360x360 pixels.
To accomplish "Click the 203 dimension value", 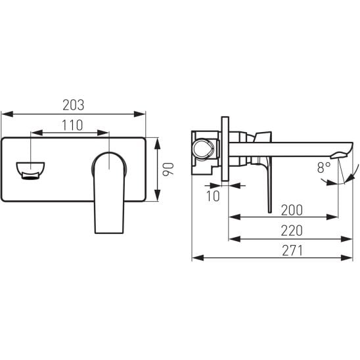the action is (74, 105).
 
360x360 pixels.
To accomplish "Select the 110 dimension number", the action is (72, 125).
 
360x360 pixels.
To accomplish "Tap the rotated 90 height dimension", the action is (168, 169).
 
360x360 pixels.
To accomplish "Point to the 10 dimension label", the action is (213, 196).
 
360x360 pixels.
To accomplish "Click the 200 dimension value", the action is (292, 210).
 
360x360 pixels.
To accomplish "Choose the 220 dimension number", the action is (292, 231).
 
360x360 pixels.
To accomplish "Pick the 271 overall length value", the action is (292, 250).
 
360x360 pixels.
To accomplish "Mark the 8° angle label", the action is (324, 168).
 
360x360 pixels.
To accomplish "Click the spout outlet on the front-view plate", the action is (30, 171).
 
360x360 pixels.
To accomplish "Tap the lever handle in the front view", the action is (109, 193).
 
